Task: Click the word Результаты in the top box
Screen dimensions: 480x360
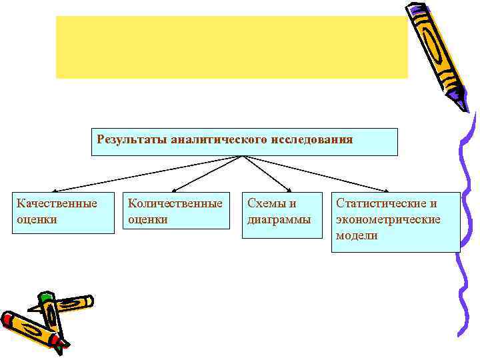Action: (131, 139)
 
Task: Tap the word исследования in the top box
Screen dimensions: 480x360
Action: (311, 139)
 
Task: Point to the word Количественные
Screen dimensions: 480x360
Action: (175, 203)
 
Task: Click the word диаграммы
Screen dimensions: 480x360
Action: (279, 219)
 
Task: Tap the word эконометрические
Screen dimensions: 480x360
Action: (388, 219)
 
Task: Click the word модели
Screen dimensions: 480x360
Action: (357, 235)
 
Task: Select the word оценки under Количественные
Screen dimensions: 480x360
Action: (147, 219)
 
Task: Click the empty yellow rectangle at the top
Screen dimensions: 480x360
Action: (231, 47)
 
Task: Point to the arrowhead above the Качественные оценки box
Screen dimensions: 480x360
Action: (55, 191)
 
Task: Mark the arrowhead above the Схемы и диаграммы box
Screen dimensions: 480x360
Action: (288, 191)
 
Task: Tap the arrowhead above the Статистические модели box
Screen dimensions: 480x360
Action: (390, 191)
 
